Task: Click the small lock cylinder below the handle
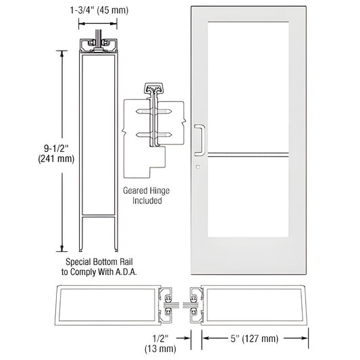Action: pyautogui.click(x=198, y=167)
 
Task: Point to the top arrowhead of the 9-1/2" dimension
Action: pyautogui.click(x=63, y=53)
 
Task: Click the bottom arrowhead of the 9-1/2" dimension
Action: pyautogui.click(x=63, y=248)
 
